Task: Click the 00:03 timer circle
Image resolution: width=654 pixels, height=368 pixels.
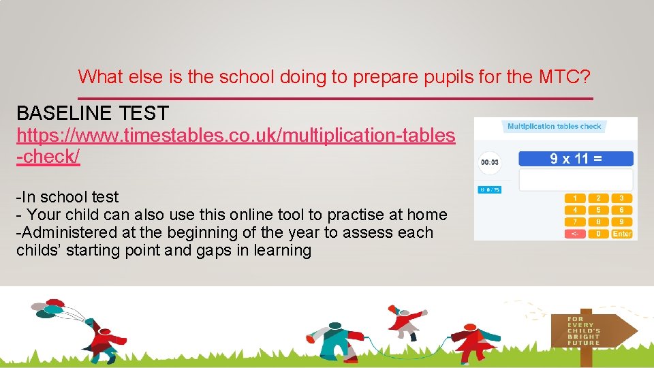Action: (x=489, y=162)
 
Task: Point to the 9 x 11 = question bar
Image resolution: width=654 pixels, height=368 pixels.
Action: (x=576, y=159)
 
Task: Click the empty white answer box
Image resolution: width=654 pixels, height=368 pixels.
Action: (x=576, y=180)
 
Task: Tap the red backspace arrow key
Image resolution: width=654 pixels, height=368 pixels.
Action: (x=575, y=233)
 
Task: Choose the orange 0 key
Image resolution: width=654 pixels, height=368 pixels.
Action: (x=598, y=233)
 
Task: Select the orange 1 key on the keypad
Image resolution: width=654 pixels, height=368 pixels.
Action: (x=575, y=198)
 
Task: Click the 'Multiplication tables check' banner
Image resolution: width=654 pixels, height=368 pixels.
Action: (x=555, y=126)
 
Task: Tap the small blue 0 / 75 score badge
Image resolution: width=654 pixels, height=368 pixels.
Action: (x=489, y=189)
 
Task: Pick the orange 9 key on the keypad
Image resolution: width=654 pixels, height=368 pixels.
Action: (x=621, y=221)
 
